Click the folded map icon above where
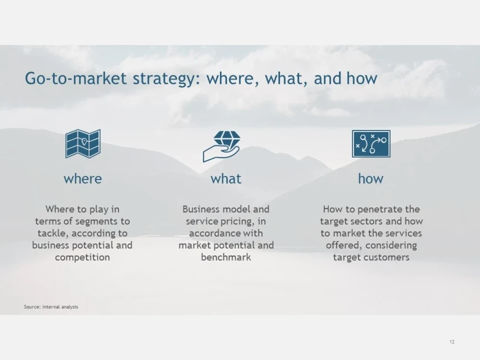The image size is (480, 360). pyautogui.click(x=83, y=144)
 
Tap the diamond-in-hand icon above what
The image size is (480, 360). pyautogui.click(x=221, y=146)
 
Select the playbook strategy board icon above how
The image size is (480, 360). pyautogui.click(x=371, y=144)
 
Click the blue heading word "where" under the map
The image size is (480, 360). pyautogui.click(x=83, y=179)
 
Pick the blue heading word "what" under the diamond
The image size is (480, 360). pyautogui.click(x=226, y=179)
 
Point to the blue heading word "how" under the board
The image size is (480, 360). pyautogui.click(x=371, y=179)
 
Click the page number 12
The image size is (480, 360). pyautogui.click(x=452, y=342)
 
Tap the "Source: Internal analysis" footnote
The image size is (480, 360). pyautogui.click(x=51, y=307)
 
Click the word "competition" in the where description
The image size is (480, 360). pyautogui.click(x=83, y=257)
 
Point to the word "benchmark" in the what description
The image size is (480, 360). pyautogui.click(x=226, y=257)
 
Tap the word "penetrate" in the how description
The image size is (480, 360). pyautogui.click(x=378, y=209)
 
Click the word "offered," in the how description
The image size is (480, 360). pyautogui.click(x=345, y=245)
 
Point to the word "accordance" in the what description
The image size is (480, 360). pyautogui.click(x=212, y=233)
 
